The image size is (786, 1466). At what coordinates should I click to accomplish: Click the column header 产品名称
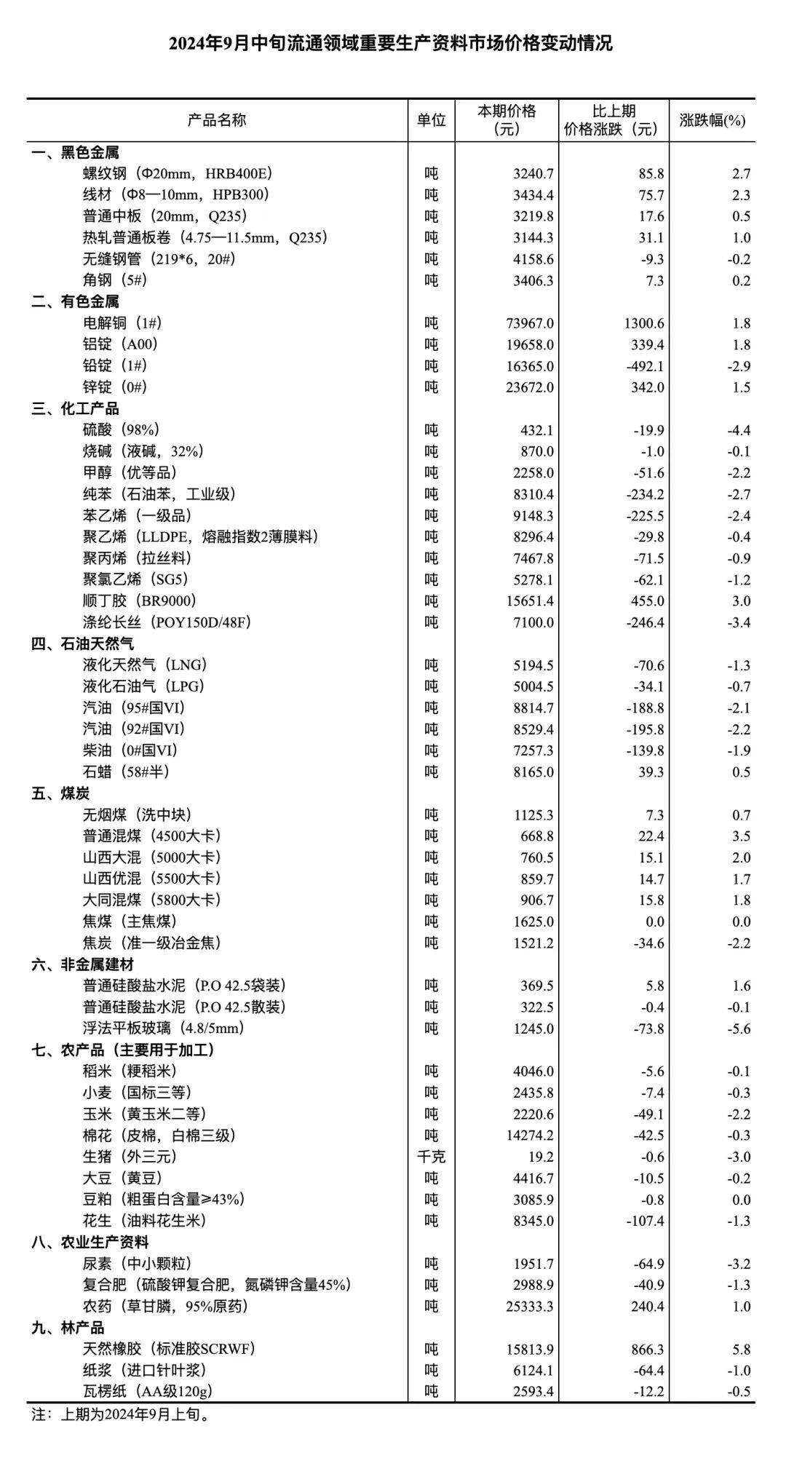(217, 120)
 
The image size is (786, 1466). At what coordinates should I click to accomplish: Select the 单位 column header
(431, 120)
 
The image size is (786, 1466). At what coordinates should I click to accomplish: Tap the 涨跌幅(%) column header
(712, 120)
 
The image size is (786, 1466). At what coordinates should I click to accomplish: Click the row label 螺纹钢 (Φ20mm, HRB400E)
(178, 174)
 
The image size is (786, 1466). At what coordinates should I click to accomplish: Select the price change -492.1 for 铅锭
(645, 366)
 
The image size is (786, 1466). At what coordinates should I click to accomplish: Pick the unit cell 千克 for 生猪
(431, 1157)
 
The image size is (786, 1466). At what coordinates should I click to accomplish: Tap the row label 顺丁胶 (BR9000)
(140, 601)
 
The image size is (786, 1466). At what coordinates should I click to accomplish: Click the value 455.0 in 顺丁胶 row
(647, 601)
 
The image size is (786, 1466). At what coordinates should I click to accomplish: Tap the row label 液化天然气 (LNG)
(145, 665)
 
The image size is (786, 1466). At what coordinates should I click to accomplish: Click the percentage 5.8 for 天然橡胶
(741, 1350)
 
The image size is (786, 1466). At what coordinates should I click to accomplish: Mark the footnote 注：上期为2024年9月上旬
(121, 1414)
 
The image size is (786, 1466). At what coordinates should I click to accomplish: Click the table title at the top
(391, 44)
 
